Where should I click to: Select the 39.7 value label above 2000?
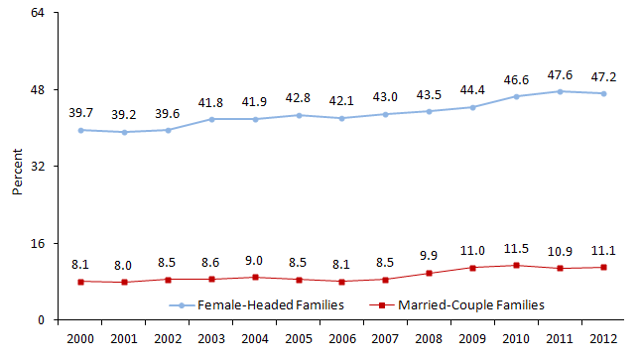80,112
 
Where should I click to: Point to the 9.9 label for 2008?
428,254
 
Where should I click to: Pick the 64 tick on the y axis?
41,14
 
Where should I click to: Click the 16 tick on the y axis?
41,243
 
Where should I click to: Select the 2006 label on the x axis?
341,339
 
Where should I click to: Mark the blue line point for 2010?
516,96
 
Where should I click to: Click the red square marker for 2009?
472,268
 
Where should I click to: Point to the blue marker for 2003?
211,119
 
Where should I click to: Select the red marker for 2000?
80,282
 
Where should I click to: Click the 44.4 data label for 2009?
472,89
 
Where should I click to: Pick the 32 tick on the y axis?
41,167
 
